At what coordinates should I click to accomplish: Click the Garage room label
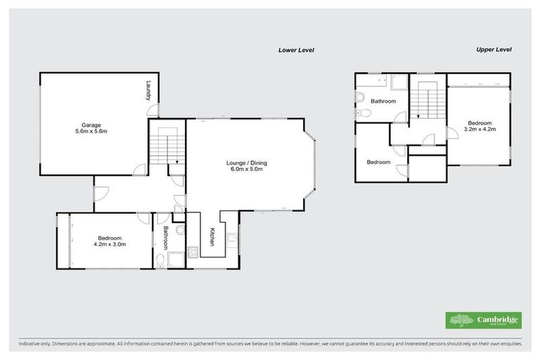91,125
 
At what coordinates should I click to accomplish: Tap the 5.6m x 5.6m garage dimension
91,131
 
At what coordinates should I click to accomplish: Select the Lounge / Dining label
246,163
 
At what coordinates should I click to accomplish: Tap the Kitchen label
210,236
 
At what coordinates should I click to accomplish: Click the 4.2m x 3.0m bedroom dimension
109,245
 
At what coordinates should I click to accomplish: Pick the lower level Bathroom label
167,238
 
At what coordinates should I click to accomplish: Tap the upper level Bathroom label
383,101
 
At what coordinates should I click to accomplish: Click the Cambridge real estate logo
484,319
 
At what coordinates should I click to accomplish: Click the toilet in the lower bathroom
162,262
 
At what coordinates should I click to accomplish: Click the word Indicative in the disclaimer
29,344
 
